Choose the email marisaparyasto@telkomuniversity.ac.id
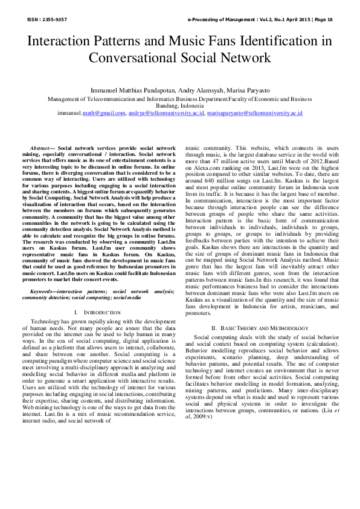click(254, 113)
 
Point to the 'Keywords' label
click(43, 291)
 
